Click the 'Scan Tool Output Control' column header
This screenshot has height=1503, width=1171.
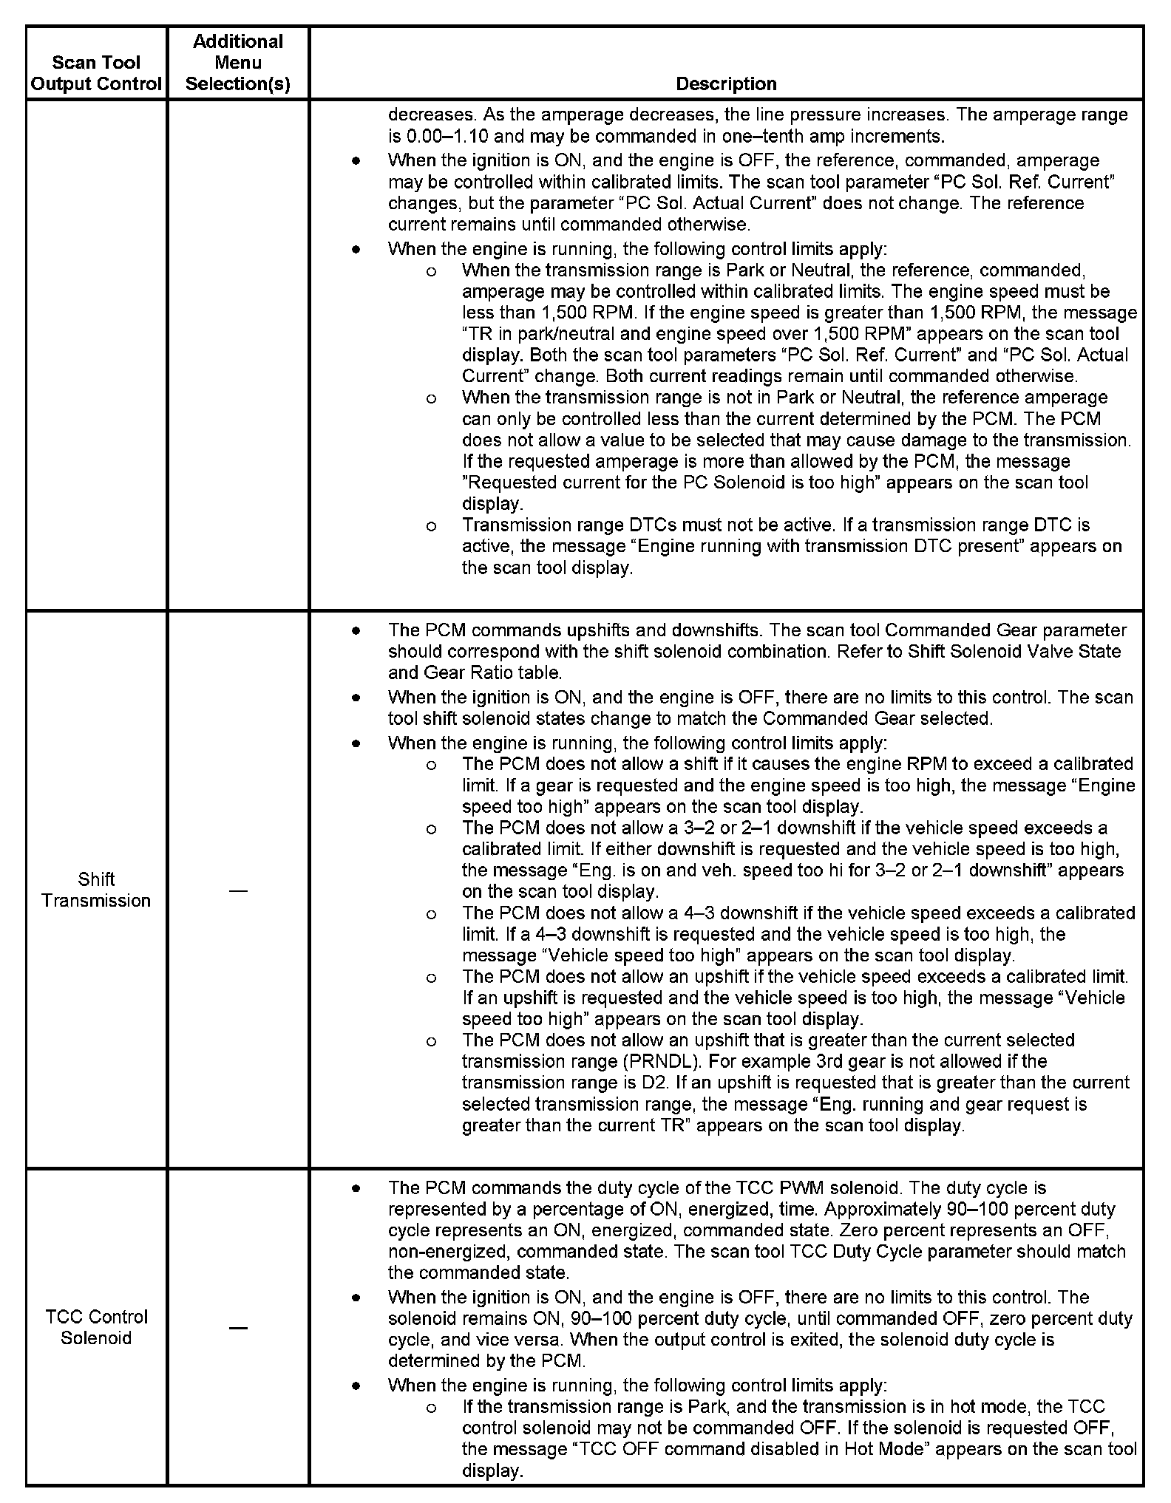(x=96, y=73)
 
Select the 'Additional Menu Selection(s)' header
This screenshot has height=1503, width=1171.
(x=238, y=63)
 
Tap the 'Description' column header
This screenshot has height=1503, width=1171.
(x=726, y=83)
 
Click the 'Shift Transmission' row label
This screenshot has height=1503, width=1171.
(x=96, y=890)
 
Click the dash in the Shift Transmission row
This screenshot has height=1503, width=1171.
(x=238, y=890)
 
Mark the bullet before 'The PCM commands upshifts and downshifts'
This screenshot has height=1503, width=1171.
(x=356, y=631)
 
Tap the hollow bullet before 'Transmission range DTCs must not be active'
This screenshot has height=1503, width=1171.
(x=431, y=526)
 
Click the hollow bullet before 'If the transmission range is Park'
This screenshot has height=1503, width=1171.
(x=431, y=1408)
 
